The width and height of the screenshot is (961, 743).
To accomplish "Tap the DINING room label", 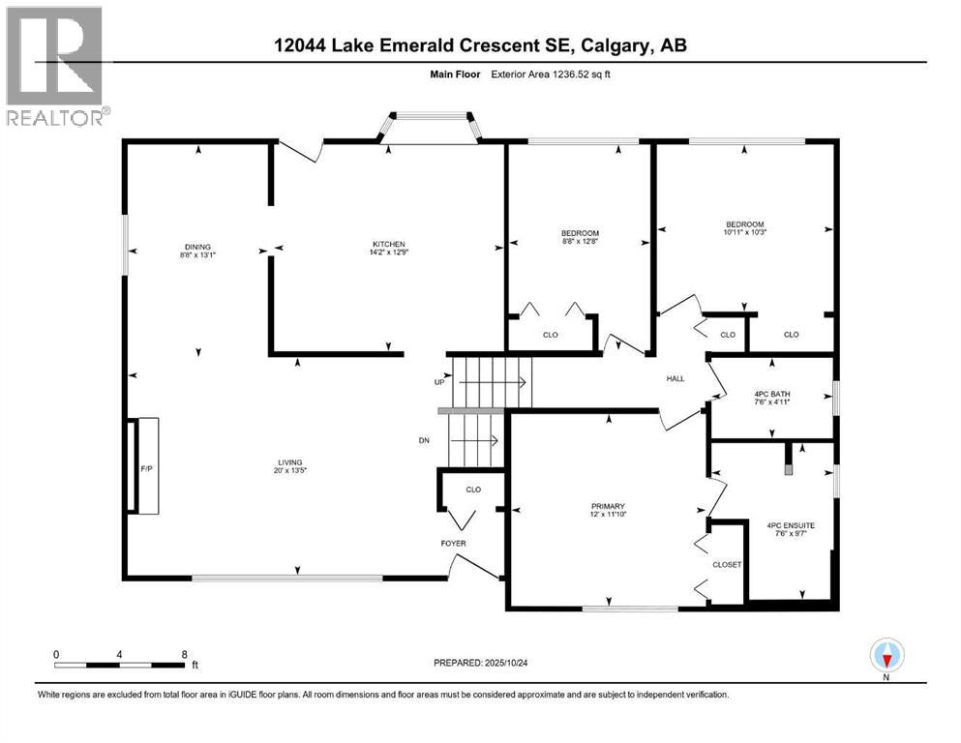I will coord(197,247).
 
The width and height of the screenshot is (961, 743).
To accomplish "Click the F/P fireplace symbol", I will coord(146,467).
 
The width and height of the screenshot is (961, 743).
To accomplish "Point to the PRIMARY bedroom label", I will coord(609,506).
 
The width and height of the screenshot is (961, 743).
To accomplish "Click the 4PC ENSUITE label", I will coord(790,525).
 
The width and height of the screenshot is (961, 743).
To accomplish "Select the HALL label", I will coord(675,378).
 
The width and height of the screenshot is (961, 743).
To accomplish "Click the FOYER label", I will coord(453,544).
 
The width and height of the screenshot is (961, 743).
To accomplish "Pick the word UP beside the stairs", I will coord(438,383).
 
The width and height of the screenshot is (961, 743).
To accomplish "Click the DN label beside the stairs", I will coord(424,440).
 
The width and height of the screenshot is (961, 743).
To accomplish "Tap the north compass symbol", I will coord(886,656).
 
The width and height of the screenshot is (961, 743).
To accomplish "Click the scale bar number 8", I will coord(184,654).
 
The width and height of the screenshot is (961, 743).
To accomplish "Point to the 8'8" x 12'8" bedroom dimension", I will coord(580,242).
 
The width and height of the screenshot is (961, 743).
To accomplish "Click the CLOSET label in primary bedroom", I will coord(727,564).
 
